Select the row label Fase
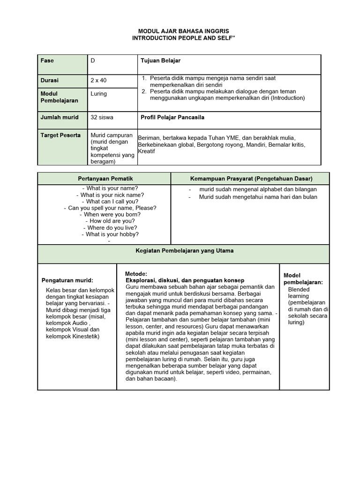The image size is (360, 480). (47, 61)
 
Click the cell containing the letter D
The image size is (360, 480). (93, 61)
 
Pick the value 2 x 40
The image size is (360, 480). (98, 81)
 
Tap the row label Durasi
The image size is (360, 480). (50, 81)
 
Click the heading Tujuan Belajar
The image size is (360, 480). (160, 61)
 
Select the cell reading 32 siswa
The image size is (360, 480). (102, 118)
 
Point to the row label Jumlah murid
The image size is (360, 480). (60, 118)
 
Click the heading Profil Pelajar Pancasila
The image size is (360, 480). (172, 118)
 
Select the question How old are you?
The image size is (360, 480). (112, 221)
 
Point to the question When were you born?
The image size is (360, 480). (112, 215)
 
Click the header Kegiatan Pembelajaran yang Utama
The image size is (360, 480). (184, 251)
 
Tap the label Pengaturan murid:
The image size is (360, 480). (67, 280)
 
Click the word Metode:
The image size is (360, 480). (136, 274)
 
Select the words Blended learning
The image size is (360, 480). (299, 293)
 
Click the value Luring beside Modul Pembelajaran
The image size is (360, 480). (98, 94)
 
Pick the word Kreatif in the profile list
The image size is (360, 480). (147, 152)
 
